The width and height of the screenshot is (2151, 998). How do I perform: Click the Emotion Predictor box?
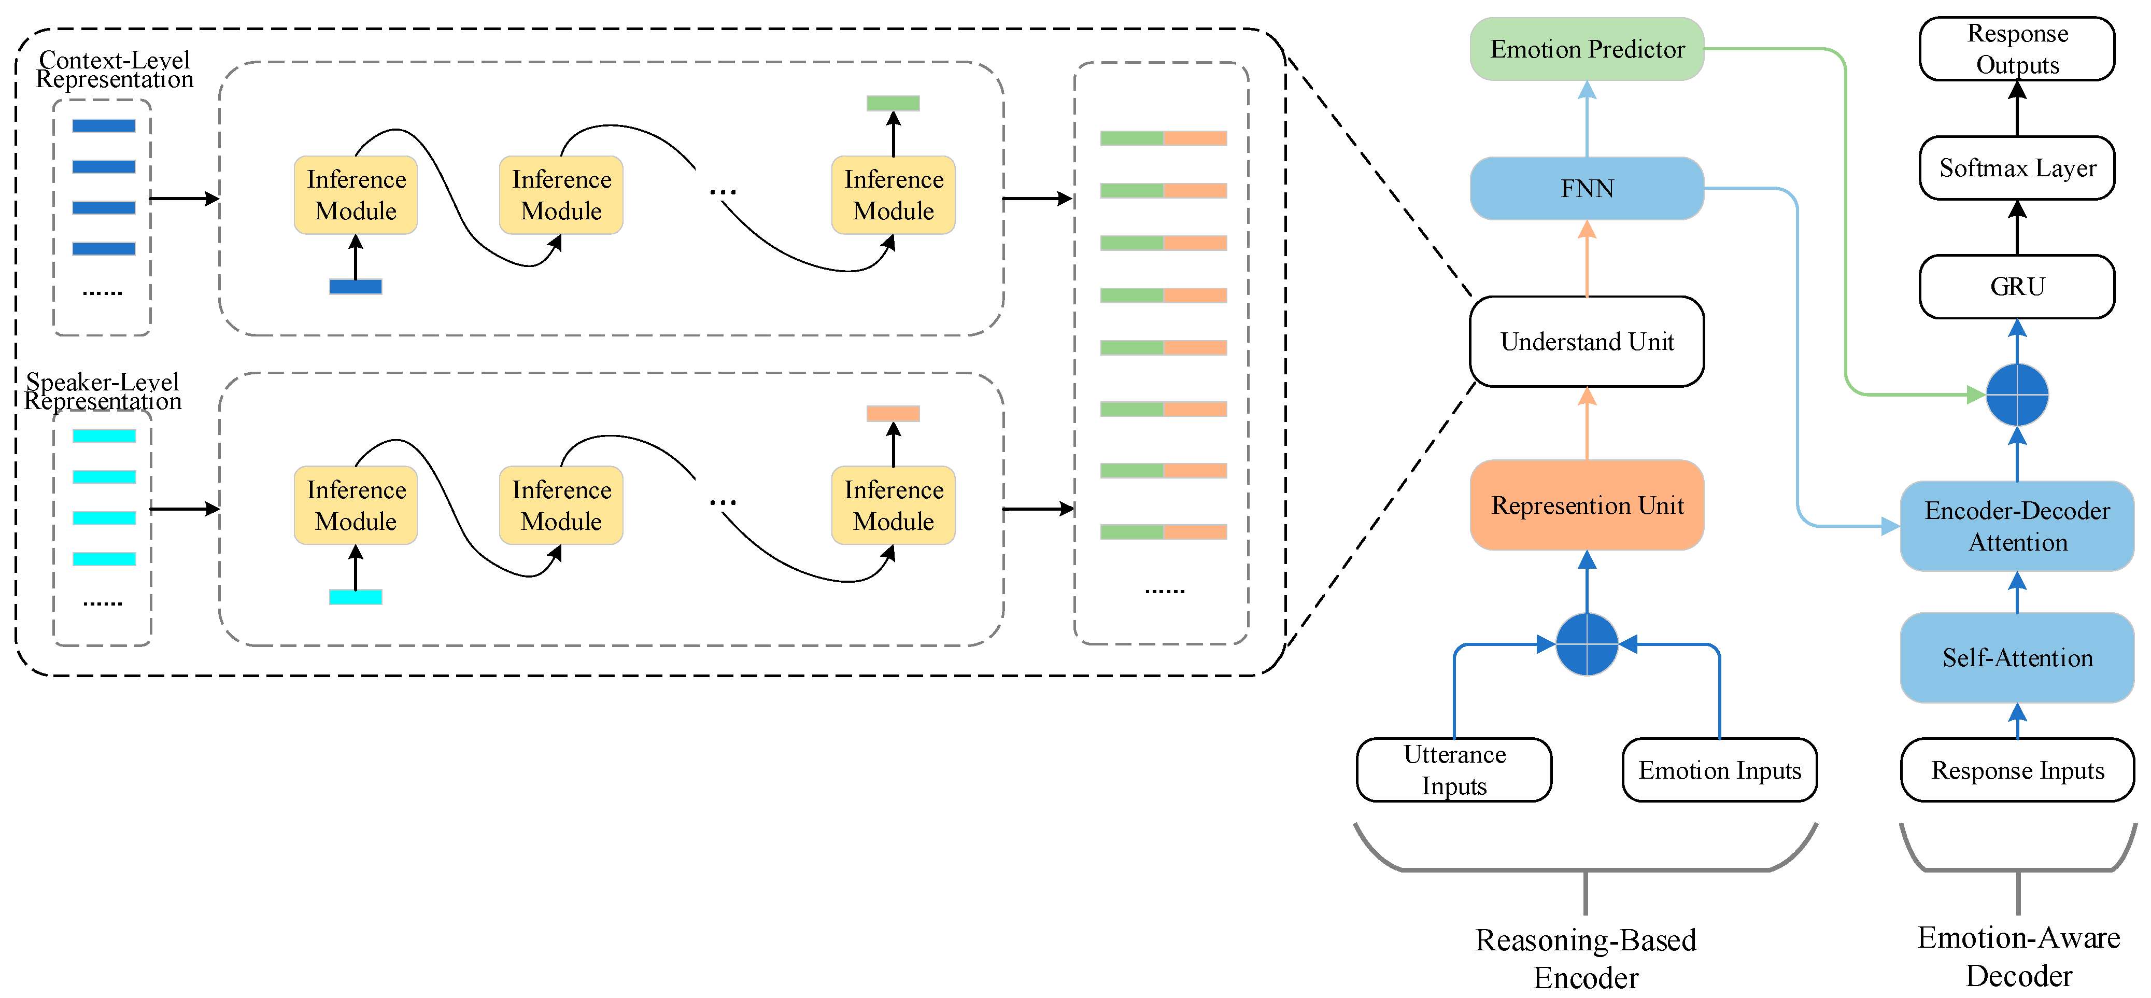(1587, 49)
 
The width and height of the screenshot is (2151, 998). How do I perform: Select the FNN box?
(1587, 189)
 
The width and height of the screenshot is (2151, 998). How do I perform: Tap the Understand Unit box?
(1587, 342)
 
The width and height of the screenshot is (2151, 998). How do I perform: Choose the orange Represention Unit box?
(1587, 505)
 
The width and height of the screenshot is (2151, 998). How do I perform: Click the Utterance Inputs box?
(1454, 770)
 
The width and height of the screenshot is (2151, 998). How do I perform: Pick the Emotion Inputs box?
(1719, 770)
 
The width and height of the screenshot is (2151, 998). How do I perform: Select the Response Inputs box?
(2017, 770)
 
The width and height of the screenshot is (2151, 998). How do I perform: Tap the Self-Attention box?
(2017, 658)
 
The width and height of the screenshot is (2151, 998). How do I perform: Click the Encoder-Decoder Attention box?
(2017, 526)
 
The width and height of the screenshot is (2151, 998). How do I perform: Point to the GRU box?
(2017, 287)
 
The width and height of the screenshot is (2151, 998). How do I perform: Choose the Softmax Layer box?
(2017, 168)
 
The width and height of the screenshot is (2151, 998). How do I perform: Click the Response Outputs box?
(2017, 49)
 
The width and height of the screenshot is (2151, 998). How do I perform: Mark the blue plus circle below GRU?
(2017, 394)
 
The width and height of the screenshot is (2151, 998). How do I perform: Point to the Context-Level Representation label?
(115, 69)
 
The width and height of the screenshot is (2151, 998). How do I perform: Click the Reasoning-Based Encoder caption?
(1586, 959)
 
